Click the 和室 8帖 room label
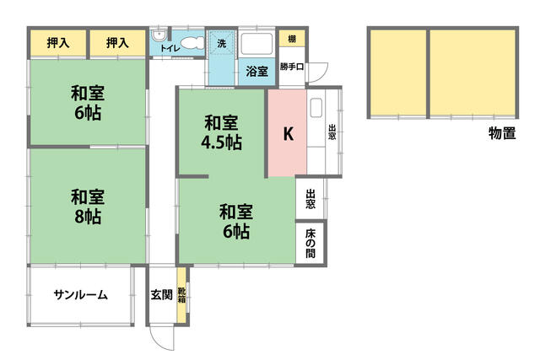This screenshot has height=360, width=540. point(87,207)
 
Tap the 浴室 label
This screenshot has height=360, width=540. point(256,72)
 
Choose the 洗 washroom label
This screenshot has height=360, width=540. point(221,42)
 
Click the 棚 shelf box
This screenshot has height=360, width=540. point(290,39)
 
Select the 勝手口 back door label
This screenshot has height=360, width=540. point(291,67)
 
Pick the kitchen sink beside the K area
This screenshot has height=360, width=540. point(316,109)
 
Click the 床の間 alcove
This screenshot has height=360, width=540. point(310,244)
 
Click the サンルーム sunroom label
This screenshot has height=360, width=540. point(80,295)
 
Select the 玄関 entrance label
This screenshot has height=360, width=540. point(161,295)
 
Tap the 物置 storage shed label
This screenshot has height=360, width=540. point(502,133)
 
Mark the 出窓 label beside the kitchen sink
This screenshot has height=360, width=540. point(332,133)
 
